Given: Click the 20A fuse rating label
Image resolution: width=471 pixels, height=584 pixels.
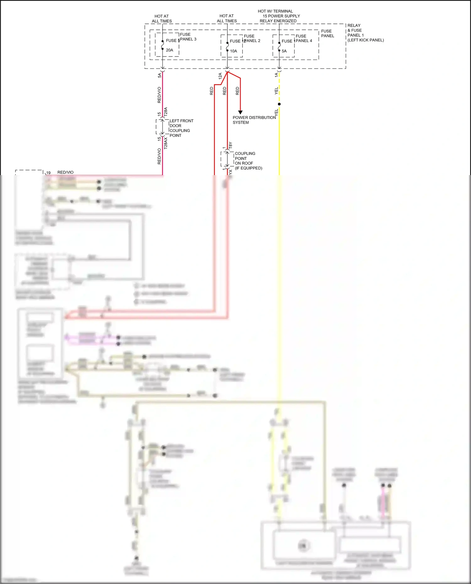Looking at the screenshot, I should [x=170, y=50].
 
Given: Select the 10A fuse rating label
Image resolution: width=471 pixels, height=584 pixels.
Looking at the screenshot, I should [x=234, y=51].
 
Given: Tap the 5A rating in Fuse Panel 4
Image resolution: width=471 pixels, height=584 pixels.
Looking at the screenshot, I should [x=284, y=51].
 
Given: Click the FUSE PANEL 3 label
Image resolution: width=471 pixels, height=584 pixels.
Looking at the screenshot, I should [x=188, y=37].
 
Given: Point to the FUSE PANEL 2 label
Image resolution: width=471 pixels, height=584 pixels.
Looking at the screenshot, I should [x=252, y=39].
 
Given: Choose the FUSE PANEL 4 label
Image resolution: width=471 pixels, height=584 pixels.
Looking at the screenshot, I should [x=304, y=39].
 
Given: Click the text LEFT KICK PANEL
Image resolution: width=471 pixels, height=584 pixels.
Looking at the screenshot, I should [x=365, y=40].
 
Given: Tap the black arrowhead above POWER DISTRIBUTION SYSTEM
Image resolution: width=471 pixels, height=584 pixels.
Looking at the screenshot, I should [x=240, y=112].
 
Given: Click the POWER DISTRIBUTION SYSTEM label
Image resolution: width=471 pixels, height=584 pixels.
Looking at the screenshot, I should [x=254, y=120].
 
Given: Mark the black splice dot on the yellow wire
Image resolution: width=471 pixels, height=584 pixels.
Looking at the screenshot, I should [x=279, y=104].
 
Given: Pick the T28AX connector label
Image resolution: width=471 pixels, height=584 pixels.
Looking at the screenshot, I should [x=166, y=143].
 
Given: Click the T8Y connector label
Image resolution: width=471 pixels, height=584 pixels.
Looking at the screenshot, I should [x=230, y=145].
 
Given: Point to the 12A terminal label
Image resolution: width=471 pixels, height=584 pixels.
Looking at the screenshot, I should [x=220, y=76].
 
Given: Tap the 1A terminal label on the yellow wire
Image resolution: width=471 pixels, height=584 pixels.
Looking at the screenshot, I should [x=276, y=75].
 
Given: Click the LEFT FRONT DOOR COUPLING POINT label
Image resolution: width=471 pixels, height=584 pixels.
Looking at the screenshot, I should [x=181, y=128].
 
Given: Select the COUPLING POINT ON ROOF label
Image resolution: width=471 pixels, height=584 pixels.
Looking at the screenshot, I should [x=248, y=161].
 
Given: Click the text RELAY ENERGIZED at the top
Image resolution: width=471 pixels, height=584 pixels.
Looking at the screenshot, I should [x=278, y=21].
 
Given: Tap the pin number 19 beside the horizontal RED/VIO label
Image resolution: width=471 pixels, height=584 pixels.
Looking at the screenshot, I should [x=48, y=173].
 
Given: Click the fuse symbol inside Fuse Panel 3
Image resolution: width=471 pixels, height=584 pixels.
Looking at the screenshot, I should [x=162, y=45].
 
